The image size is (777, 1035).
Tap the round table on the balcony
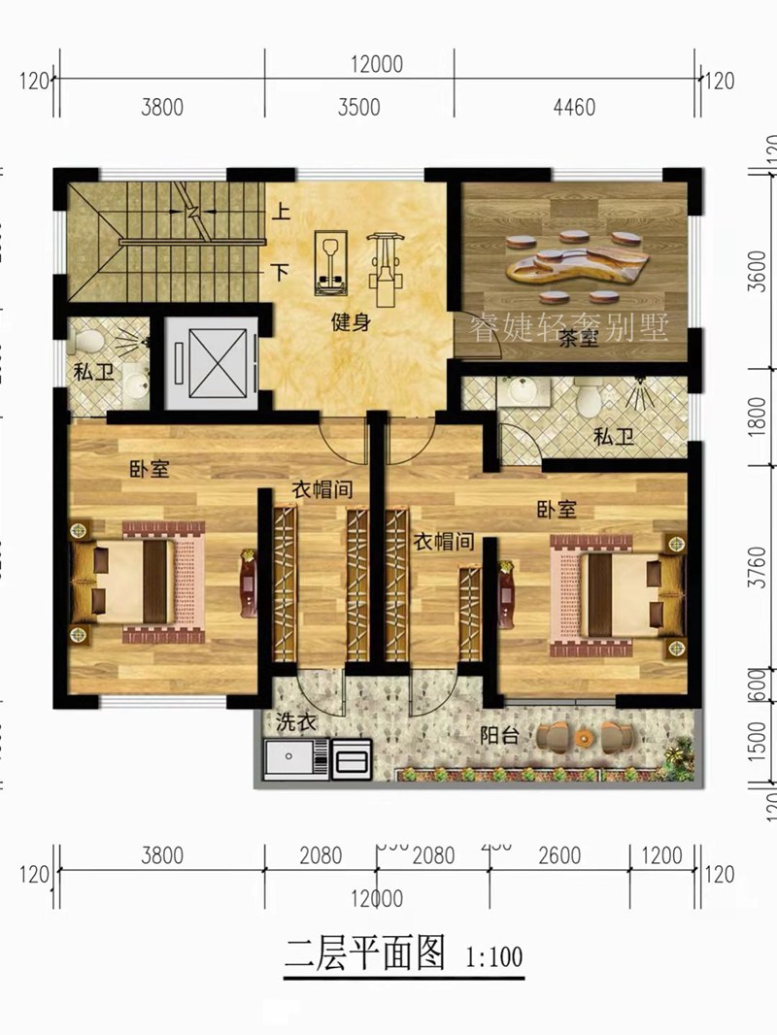point(584,739)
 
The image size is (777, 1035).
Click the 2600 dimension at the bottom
point(559,855)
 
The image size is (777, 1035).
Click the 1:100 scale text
point(494,956)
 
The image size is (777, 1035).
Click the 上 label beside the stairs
point(280,209)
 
